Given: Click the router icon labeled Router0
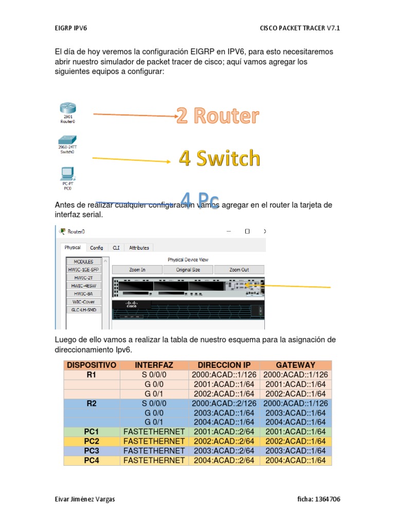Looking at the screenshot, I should [67, 109].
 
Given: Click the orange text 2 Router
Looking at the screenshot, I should [218, 116].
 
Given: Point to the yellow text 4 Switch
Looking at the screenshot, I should [220, 159].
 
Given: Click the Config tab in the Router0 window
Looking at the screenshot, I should [97, 248].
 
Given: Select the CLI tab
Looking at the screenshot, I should [116, 248].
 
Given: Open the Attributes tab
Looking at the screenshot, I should [139, 248].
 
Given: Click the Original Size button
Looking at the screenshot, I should [188, 270].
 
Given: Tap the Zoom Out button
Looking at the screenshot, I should [239, 270].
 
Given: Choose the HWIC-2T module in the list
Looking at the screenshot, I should [83, 277].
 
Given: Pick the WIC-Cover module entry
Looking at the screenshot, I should [83, 302].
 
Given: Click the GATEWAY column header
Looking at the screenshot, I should [295, 365].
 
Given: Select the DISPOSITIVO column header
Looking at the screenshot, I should [92, 365].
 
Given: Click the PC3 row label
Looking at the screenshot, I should [92, 451].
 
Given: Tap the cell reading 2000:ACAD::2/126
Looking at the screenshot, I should [224, 403].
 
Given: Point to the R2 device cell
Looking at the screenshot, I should [92, 403].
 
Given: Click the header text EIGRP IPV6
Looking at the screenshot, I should [70, 28].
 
